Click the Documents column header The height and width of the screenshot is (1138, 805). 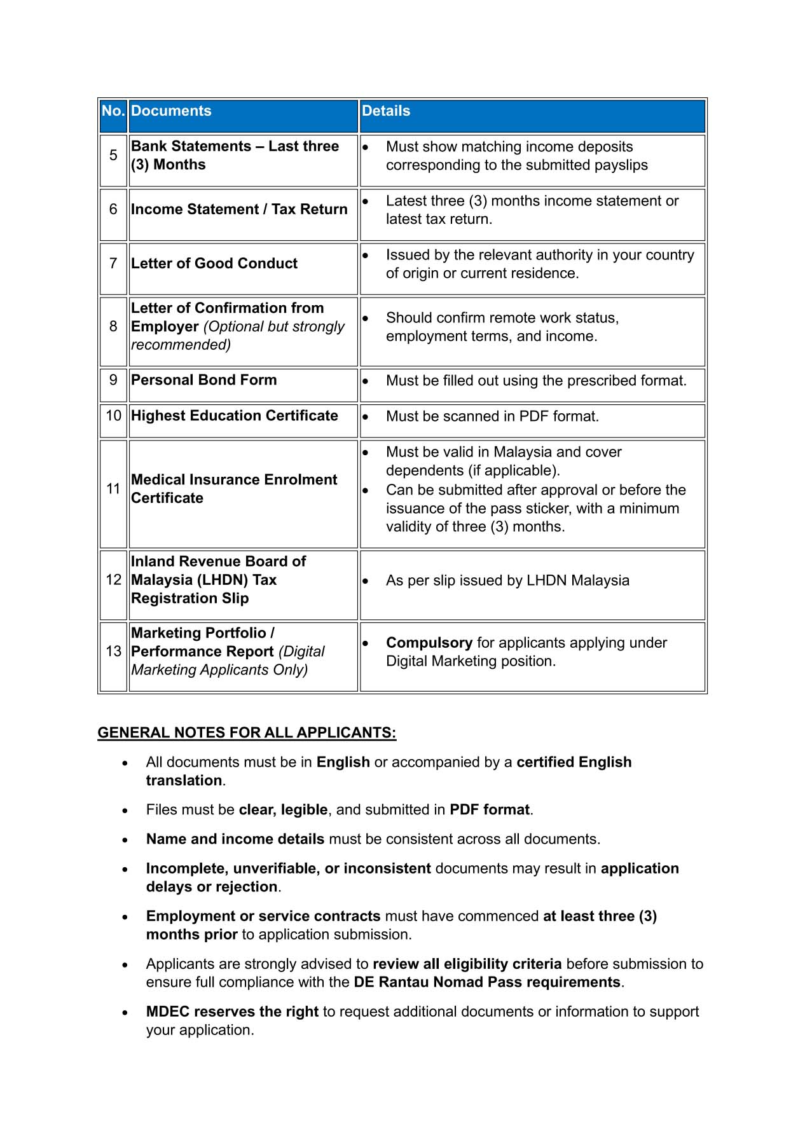(171, 111)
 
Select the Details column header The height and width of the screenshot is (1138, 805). (386, 111)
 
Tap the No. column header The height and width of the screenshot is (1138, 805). (113, 111)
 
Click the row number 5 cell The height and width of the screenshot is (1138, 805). (113, 155)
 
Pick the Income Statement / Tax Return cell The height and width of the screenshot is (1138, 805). (239, 209)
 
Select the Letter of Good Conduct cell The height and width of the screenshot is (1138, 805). (214, 263)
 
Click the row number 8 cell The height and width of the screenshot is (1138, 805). (113, 326)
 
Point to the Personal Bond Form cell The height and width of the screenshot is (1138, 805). (204, 380)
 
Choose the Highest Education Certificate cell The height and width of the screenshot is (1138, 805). (235, 416)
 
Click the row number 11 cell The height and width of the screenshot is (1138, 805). (113, 489)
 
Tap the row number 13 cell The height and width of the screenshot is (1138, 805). (113, 651)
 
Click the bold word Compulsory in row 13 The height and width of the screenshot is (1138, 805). (429, 643)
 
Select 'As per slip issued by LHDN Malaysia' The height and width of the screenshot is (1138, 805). (507, 580)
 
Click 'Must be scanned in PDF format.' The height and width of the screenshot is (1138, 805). (492, 416)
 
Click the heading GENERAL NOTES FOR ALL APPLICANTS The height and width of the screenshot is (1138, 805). (247, 733)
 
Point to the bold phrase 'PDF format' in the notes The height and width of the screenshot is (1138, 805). (490, 810)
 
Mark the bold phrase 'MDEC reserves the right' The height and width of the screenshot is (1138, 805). (232, 1011)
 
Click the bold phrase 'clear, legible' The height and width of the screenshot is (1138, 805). (283, 810)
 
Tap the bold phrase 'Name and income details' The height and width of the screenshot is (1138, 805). (235, 839)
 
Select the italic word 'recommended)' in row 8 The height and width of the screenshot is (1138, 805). (181, 345)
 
